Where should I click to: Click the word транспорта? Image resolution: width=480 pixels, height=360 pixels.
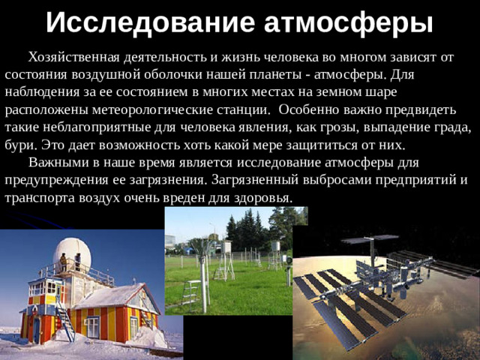(36, 196)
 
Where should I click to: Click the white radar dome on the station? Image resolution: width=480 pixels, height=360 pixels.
(73, 253)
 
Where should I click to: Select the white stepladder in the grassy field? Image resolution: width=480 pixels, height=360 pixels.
(192, 292)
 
